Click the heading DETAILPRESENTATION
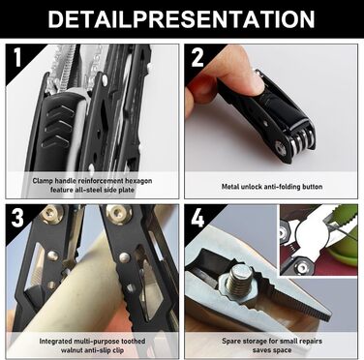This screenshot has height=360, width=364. click(x=181, y=18)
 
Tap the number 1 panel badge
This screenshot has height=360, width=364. click(x=17, y=58)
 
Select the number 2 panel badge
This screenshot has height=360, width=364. click(x=197, y=57)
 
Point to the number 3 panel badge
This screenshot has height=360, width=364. click(x=17, y=218)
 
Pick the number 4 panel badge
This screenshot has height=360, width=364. click(x=197, y=218)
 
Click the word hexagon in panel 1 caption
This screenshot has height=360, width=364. click(x=138, y=181)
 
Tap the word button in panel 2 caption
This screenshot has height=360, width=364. click(x=311, y=187)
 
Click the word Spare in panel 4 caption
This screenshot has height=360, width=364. click(x=231, y=342)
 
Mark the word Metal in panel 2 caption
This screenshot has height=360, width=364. click(x=230, y=187)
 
